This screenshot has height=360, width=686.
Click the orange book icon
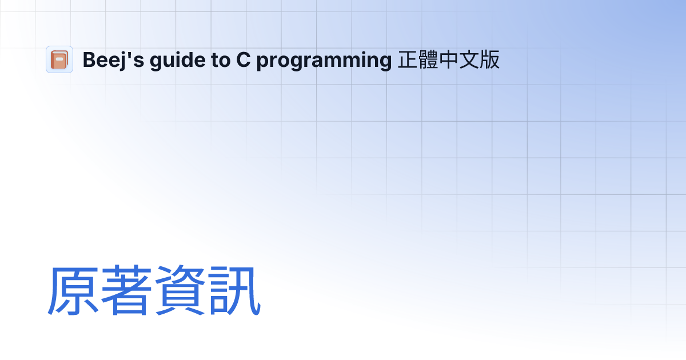pos(59,59)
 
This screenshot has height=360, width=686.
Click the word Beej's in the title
pos(113,60)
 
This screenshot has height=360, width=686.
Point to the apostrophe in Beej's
pos(131,54)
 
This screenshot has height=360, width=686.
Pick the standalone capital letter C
pos(242,60)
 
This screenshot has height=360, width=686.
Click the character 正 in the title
pos(408,60)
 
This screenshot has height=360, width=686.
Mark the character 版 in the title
pos(490,60)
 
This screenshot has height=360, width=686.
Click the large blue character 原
pos(73,291)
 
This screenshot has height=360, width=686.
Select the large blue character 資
pos(181,291)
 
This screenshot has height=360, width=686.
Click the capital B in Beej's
pos(89,60)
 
